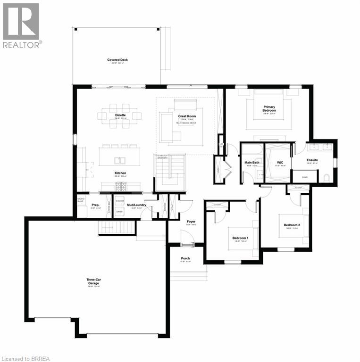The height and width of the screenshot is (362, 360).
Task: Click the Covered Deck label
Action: click(117, 60)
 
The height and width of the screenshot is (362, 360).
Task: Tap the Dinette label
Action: click(120, 115)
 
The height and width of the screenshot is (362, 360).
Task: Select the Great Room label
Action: click(187, 116)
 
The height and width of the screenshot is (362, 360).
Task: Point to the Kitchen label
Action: click(120, 173)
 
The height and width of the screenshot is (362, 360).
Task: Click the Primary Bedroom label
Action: click(269, 108)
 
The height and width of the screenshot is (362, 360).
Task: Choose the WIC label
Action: click(279, 163)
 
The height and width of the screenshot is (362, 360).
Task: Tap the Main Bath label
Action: click(251, 163)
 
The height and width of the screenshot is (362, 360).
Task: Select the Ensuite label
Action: click(312, 160)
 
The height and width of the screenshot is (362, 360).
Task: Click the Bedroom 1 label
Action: click(240, 238)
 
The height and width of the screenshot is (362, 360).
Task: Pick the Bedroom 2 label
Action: click(292, 225)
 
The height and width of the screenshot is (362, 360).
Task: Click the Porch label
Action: click(185, 259)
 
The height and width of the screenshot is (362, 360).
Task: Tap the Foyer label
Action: click(191, 221)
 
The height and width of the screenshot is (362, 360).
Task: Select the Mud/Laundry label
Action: click(136, 205)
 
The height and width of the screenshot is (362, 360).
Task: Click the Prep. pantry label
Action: click(95, 205)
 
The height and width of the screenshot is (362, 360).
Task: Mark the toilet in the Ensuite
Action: click(326, 177)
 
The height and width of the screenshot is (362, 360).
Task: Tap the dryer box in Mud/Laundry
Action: click(119, 212)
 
